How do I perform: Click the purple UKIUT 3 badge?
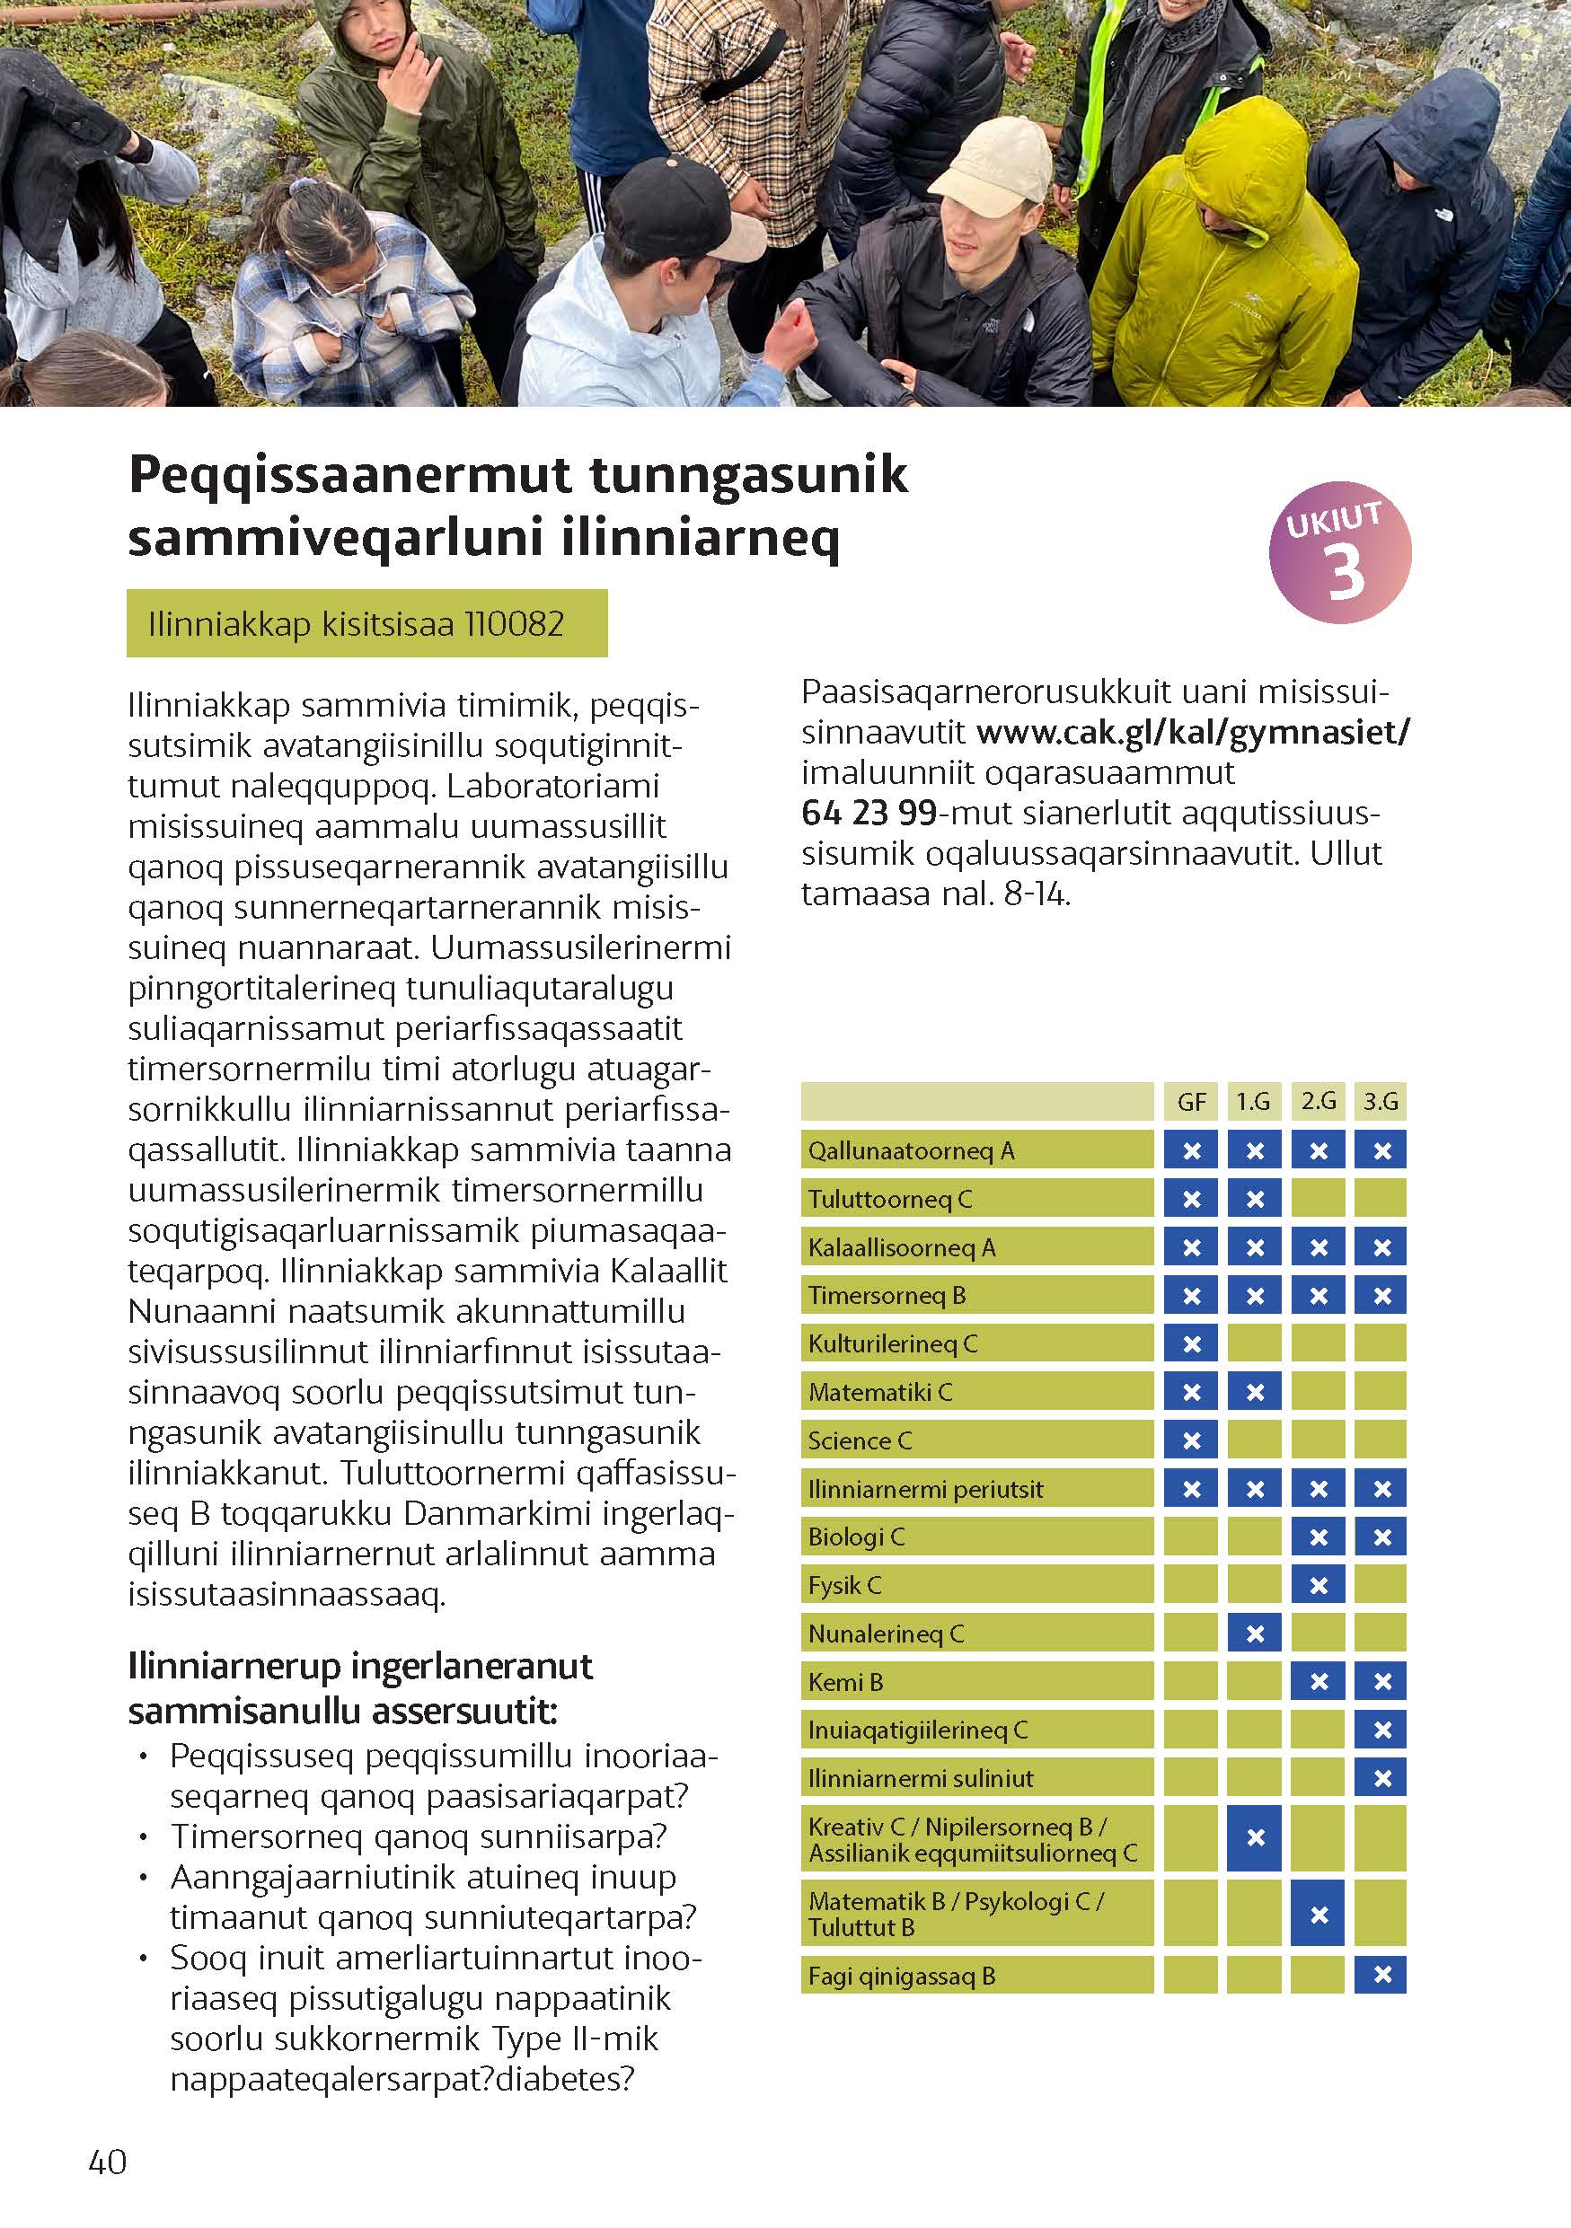(1339, 551)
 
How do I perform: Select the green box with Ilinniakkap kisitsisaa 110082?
(366, 623)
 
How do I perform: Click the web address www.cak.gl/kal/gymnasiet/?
(1193, 732)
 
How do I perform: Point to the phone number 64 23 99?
(869, 812)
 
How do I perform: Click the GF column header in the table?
(1191, 1101)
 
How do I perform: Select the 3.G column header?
(1380, 1101)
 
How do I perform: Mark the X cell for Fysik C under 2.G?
(1318, 1586)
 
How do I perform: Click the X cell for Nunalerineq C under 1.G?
(1254, 1634)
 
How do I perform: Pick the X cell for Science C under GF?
(1191, 1441)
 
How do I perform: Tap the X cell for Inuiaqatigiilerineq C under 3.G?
(1381, 1730)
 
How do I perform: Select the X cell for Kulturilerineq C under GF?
(1191, 1344)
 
